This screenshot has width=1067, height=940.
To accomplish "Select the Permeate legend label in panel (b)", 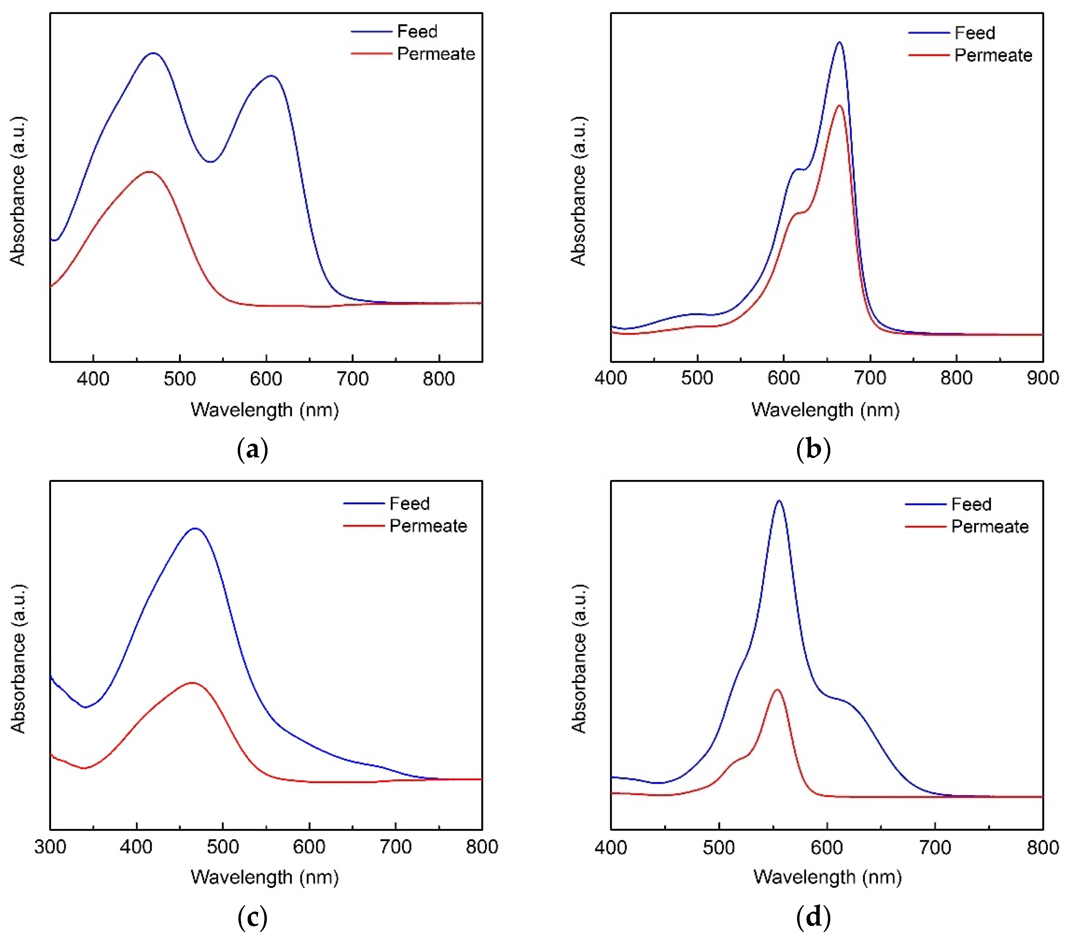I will (993, 55).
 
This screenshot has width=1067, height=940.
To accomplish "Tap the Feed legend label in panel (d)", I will (971, 504).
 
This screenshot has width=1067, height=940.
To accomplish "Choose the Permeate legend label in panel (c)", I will (428, 525).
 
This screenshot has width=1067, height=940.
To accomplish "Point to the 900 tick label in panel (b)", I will (1042, 378).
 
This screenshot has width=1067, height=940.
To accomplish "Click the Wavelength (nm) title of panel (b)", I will (825, 410).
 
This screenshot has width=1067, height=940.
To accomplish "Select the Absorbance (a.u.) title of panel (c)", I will (18, 659).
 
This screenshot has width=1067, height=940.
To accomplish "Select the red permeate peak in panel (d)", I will (777, 690).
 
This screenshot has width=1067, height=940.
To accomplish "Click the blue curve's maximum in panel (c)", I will (195, 528).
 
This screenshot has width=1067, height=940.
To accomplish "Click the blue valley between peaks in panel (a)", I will (210, 162).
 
